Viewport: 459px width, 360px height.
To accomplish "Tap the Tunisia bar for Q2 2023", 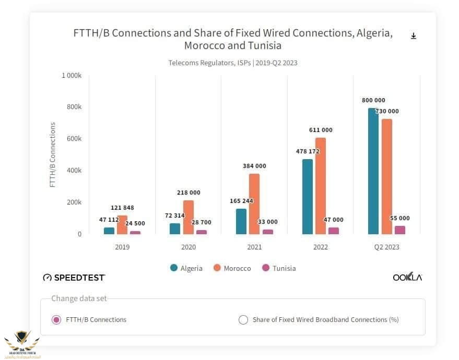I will tap(399, 230).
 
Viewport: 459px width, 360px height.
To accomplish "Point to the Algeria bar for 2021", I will tap(241, 221).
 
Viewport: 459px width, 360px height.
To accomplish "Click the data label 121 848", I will tap(122, 208).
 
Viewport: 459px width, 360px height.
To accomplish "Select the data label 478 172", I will tap(308, 151).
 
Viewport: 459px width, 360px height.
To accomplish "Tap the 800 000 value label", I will tap(373, 100).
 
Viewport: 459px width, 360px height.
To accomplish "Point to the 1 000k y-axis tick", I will tap(72, 76).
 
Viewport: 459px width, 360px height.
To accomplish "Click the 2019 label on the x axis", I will tap(122, 247).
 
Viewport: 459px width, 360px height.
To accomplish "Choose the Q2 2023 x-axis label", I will tap(386, 247).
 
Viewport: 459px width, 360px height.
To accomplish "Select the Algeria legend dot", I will tap(174, 268).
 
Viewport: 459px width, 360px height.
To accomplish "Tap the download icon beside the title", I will tap(414, 36).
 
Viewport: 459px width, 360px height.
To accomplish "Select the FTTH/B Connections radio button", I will tap(56, 319).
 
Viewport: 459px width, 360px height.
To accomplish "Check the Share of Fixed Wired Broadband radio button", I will tap(243, 320).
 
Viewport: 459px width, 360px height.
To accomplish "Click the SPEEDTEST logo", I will tap(74, 277).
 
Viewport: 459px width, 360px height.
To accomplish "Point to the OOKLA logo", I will tap(407, 277).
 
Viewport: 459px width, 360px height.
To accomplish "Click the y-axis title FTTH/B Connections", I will tap(52, 155).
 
